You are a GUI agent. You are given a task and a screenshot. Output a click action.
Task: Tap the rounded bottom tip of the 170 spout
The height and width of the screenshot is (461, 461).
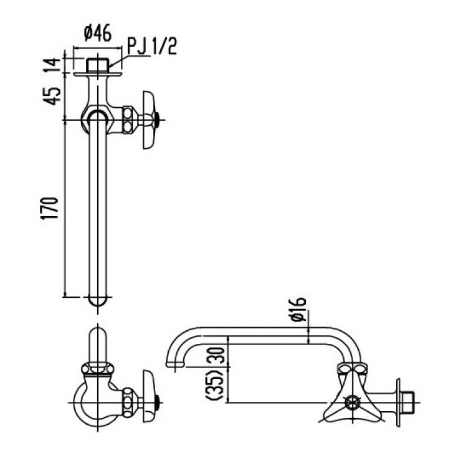(98, 302)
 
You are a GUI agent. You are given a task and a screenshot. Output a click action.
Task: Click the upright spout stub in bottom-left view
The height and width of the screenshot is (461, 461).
(97, 346)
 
